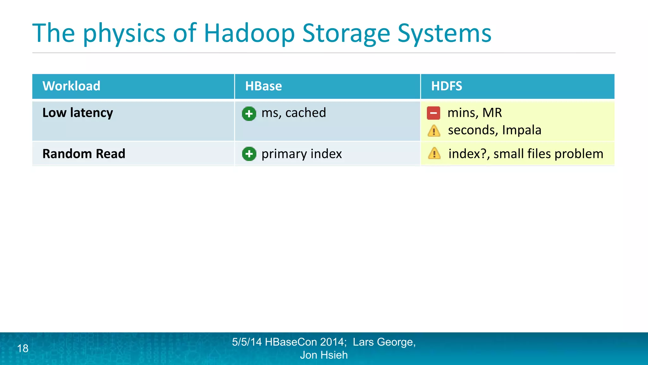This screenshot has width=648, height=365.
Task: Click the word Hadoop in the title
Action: click(249, 34)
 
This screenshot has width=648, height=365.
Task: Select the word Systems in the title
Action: click(444, 34)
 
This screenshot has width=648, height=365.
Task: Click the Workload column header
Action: click(72, 86)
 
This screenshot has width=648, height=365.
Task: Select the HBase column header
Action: click(263, 86)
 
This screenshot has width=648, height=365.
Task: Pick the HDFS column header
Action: click(446, 86)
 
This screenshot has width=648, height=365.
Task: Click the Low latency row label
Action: click(78, 113)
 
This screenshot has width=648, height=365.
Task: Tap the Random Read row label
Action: click(84, 154)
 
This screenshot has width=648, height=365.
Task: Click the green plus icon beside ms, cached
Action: click(249, 113)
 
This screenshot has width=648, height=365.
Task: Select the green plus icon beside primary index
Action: click(249, 154)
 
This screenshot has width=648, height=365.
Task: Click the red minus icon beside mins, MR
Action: click(433, 113)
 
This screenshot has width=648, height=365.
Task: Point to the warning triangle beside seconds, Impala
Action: click(434, 131)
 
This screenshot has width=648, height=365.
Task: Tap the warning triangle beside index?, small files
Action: click(434, 154)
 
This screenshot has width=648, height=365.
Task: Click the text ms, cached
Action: click(294, 113)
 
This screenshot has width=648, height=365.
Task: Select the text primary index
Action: click(302, 154)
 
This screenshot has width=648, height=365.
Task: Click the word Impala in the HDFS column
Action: click(521, 130)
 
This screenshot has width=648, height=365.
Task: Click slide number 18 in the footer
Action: click(23, 349)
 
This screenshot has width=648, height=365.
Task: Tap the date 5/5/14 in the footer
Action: click(247, 342)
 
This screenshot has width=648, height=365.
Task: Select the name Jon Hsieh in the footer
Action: click(324, 355)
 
